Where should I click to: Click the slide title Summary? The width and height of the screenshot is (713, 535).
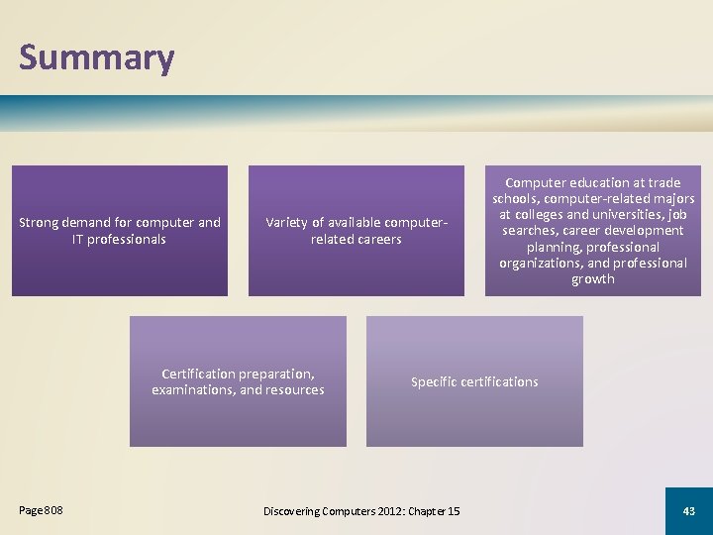96,57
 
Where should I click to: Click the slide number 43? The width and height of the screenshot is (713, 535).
688,510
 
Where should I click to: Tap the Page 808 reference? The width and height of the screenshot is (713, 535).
41,510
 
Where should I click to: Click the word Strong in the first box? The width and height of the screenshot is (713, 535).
41,222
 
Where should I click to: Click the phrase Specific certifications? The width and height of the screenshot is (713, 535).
474,381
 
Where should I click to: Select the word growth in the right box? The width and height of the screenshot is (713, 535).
592,279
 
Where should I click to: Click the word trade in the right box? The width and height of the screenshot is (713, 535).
663,182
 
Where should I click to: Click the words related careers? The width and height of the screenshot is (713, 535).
356,239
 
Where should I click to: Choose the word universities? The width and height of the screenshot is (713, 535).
616,215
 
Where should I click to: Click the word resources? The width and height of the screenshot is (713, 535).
294,389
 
